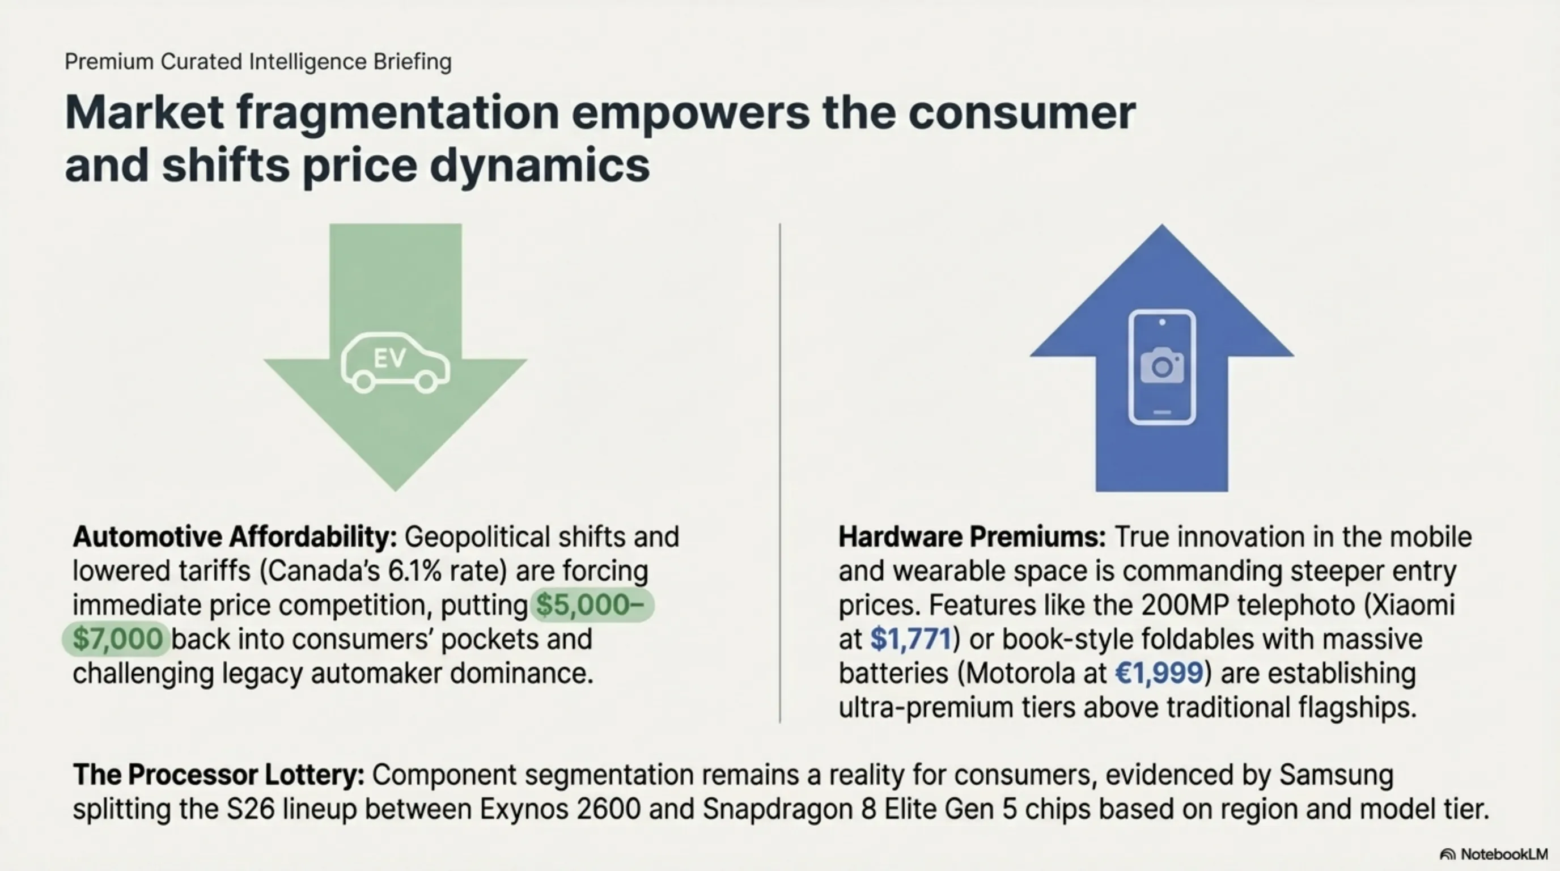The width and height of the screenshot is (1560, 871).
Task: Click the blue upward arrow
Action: click(x=1161, y=357)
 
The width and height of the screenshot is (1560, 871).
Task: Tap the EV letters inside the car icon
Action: click(x=389, y=358)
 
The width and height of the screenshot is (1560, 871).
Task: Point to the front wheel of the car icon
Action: click(x=426, y=381)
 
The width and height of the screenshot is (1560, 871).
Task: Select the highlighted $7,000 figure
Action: click(x=117, y=639)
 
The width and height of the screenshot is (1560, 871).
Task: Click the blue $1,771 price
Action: click(x=911, y=639)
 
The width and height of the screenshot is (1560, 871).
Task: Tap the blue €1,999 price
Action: click(x=1159, y=673)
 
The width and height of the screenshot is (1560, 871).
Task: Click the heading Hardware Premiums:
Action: click(x=972, y=537)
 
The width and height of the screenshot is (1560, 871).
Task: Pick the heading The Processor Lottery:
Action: click(x=219, y=775)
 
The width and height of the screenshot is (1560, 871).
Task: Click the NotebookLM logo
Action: click(x=1493, y=854)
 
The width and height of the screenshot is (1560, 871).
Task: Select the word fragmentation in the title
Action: click(x=398, y=113)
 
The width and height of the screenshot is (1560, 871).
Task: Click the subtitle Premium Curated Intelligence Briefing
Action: click(x=258, y=62)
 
